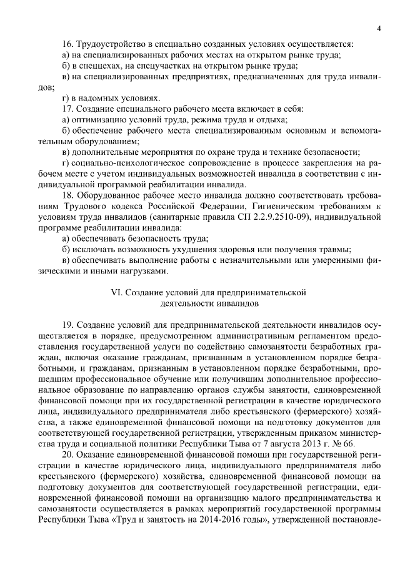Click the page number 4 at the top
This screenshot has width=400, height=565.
pos(379,28)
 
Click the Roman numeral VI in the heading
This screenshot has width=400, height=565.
pos(116,292)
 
